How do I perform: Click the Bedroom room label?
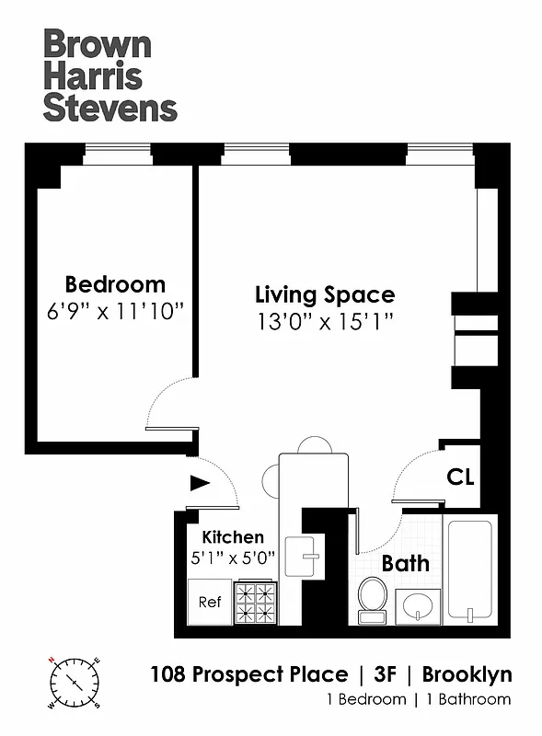click(115, 284)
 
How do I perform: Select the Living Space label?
click(324, 295)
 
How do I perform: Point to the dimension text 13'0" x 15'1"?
click(324, 322)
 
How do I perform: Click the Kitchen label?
click(233, 537)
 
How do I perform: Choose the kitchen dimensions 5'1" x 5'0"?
click(233, 557)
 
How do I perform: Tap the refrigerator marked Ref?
click(210, 602)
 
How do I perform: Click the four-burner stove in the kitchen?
click(257, 603)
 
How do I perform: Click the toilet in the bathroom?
click(373, 597)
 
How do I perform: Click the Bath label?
click(406, 563)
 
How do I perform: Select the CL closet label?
click(460, 477)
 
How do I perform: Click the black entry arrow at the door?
click(199, 482)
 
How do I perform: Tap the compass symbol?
click(72, 683)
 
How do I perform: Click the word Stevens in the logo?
click(110, 107)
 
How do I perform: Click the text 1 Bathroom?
click(467, 699)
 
